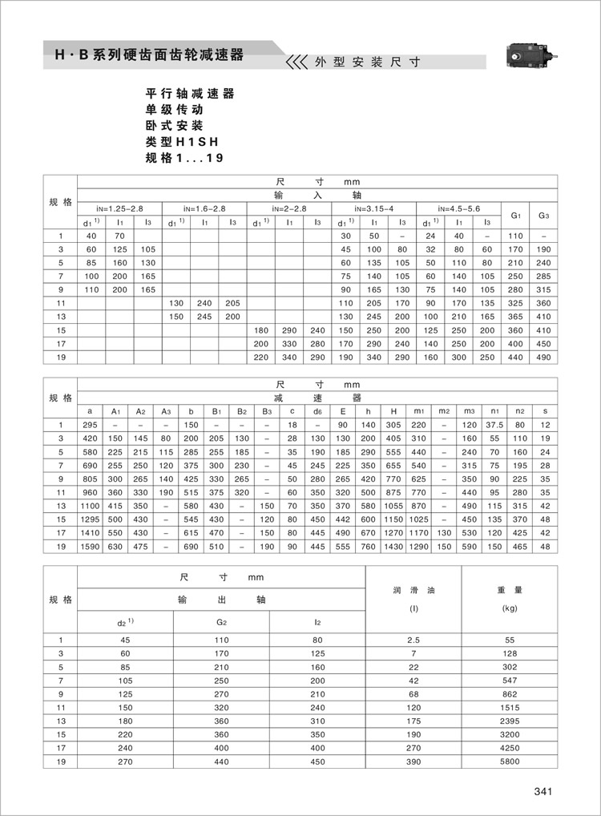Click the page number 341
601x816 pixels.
543,792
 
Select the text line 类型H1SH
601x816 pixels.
182,142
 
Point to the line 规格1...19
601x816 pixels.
184,158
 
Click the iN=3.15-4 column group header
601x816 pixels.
373,208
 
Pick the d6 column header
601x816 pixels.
317,411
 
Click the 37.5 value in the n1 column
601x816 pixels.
495,424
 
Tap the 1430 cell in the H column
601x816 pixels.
393,547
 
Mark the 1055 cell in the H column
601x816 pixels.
393,506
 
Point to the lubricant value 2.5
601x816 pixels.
413,640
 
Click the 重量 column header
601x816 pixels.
510,589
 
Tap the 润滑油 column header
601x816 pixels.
413,589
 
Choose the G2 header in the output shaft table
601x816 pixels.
221,623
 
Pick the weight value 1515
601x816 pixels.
510,708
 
